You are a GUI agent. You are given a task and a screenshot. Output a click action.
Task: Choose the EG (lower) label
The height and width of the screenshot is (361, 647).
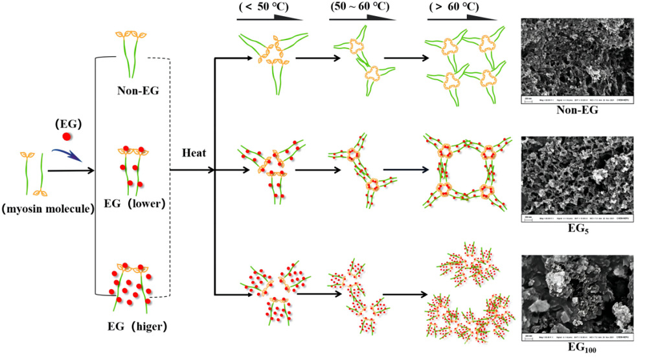135,205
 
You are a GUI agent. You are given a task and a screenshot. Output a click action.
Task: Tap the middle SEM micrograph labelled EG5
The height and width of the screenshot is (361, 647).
580,178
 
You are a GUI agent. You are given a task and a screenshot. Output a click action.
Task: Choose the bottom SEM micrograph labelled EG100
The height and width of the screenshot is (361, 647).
580,299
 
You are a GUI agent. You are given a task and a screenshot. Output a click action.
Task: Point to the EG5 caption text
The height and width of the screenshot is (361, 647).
581,230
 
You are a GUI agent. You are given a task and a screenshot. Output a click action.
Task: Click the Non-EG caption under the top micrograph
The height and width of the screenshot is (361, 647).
581,111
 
